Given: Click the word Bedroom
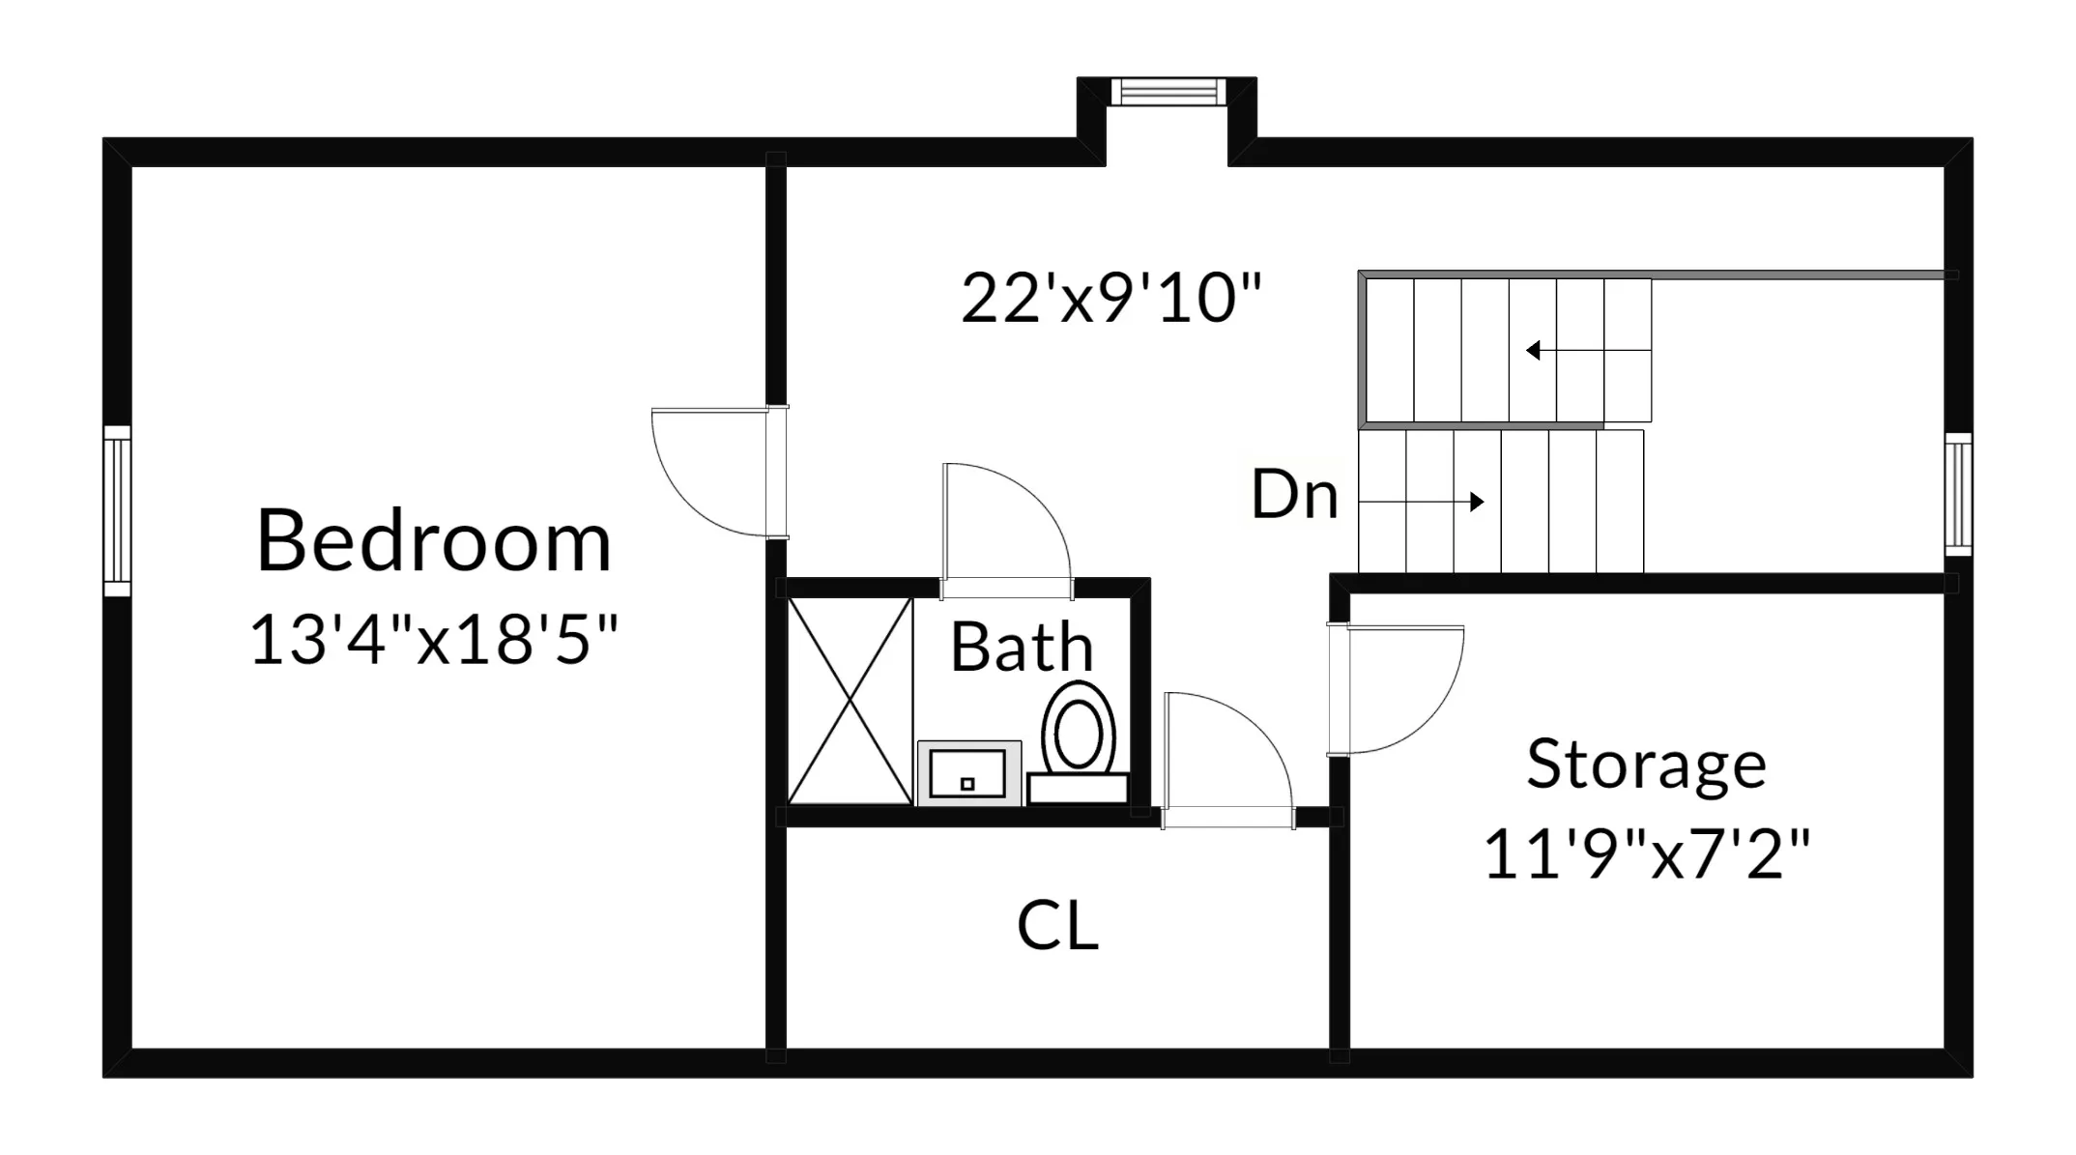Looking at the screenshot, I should (x=434, y=541).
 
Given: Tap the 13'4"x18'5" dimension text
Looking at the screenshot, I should (x=434, y=639).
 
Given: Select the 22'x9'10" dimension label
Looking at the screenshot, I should (x=1111, y=298).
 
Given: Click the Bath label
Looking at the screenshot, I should (x=1022, y=647).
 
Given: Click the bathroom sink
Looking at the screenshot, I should (x=968, y=773).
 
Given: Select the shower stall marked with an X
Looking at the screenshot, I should (x=851, y=701).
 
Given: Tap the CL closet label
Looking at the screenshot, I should (x=1057, y=925).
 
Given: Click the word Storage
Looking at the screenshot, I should (x=1646, y=765).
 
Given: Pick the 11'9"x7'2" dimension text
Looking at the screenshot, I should (x=1646, y=853).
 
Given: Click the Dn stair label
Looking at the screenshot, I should (x=1294, y=495).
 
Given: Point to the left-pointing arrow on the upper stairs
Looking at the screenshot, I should (x=1535, y=350).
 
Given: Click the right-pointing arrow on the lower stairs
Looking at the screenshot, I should (x=1475, y=502).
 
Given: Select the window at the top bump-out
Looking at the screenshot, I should (x=1167, y=93).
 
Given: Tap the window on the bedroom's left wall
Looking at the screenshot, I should (x=117, y=510).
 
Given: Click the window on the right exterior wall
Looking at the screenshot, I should (x=1958, y=494).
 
